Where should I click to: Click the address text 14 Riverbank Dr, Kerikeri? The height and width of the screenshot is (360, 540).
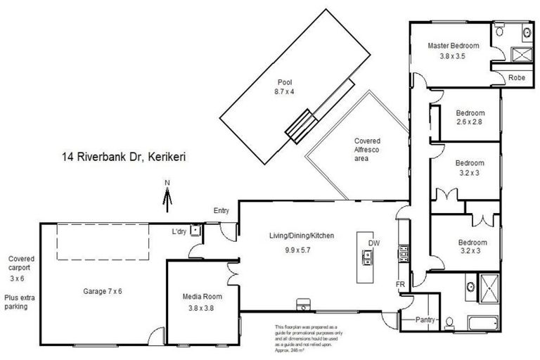tap(124, 157)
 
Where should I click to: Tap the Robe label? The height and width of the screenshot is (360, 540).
tap(517, 77)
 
